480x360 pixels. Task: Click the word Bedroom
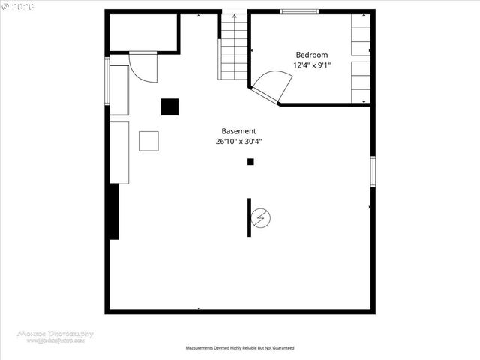[311, 55]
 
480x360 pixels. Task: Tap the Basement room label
[238, 130]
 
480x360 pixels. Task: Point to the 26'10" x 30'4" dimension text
[238, 140]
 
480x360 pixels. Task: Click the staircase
[233, 49]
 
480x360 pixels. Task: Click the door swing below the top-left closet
[142, 67]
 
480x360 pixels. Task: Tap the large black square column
[170, 106]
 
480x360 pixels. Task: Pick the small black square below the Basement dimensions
[250, 161]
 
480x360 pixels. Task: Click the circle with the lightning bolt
[262, 218]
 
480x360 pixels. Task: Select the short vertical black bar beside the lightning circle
[250, 217]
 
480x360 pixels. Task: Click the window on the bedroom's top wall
[298, 11]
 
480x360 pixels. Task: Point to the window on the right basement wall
[372, 172]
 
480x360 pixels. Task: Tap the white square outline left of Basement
[148, 141]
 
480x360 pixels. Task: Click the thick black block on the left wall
[114, 211]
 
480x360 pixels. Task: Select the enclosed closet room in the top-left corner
[142, 32]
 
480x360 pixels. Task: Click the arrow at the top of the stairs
[233, 14]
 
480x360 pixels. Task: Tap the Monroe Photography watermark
[55, 336]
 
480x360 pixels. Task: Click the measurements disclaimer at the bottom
[240, 348]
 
